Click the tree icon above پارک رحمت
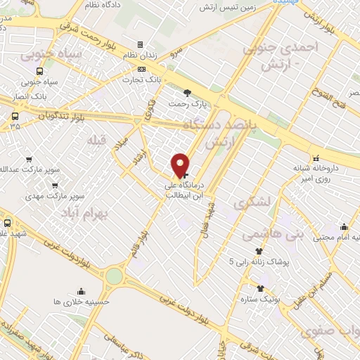coord(186,93)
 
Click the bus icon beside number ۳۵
coord(15,117)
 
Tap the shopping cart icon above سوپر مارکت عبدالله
coord(29,160)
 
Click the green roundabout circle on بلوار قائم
coord(113,276)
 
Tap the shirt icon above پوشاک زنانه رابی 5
coord(259,250)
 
